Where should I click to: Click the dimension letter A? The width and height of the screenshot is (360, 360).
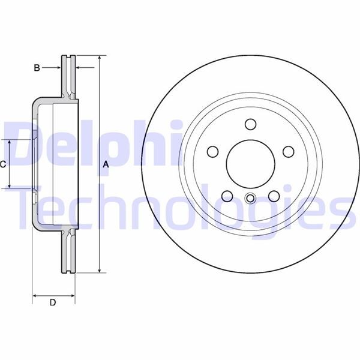point(106,164)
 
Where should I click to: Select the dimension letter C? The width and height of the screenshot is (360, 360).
point(3,164)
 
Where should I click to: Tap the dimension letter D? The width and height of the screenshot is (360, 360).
point(52,303)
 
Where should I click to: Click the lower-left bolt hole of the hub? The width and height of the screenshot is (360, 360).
point(227,196)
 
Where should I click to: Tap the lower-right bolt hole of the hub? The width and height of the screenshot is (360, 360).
point(274,196)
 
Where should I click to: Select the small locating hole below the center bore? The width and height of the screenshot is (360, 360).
point(250,199)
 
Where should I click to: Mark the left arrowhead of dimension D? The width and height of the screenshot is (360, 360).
point(34,295)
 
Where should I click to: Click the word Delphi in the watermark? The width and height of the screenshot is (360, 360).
point(90,144)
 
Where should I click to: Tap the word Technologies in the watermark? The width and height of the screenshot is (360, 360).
point(180,207)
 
